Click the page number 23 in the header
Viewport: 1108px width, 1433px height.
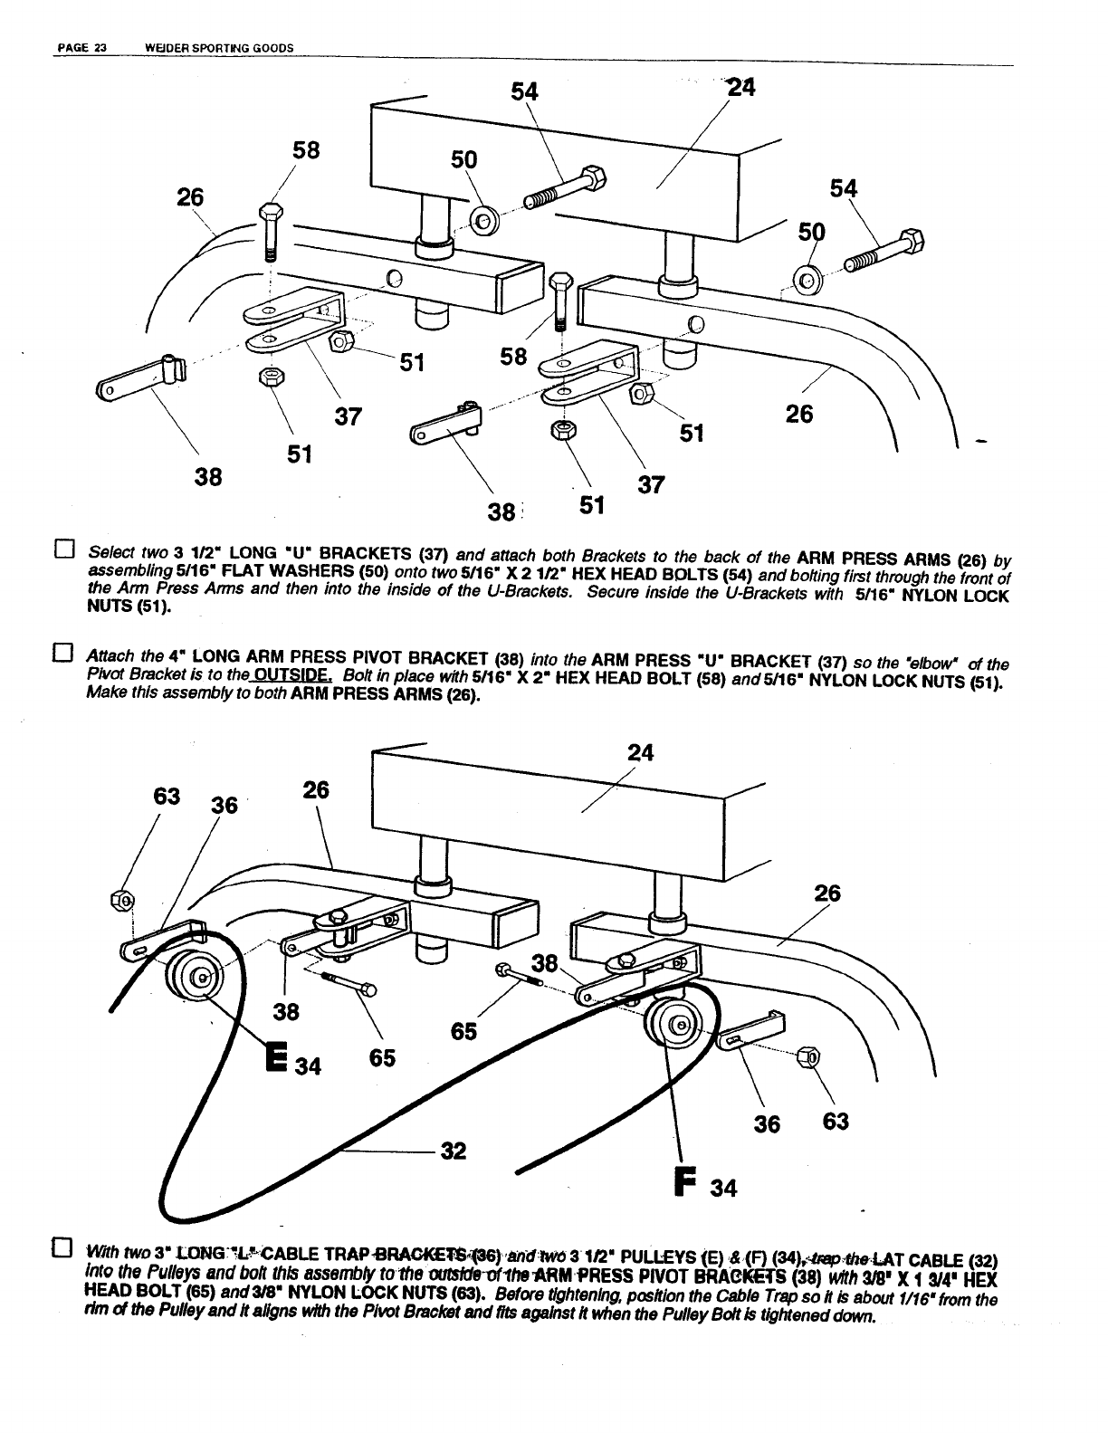coord(100,48)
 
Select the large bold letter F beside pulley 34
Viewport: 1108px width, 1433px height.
coord(686,1182)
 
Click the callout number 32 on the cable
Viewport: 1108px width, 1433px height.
coord(453,1151)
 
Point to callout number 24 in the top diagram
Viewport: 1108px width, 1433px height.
coord(741,87)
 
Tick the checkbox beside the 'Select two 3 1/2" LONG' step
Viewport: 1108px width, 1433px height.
coord(62,549)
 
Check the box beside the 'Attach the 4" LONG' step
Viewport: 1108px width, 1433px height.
coord(62,652)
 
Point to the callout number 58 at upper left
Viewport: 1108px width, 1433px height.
coord(306,149)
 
